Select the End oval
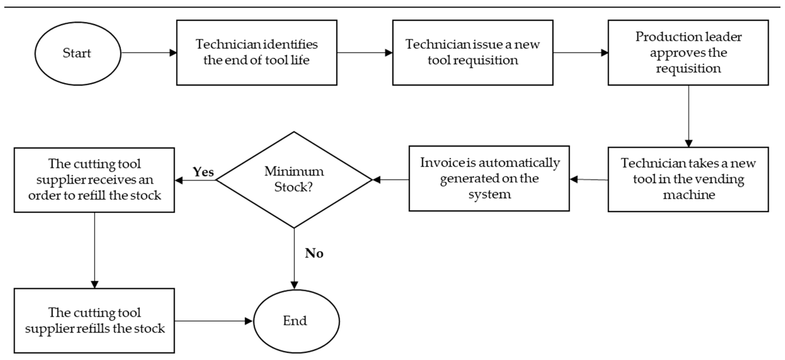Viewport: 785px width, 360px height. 296,321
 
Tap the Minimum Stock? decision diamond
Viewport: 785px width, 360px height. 294,180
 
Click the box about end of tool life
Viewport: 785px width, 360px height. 257,52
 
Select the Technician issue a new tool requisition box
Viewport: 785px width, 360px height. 473,52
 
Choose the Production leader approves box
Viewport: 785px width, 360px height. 688,52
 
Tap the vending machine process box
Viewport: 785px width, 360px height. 688,179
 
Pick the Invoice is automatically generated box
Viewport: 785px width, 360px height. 489,179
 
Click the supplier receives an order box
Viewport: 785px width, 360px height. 94,180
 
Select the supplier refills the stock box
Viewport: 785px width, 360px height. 94,320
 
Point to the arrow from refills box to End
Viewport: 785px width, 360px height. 213,321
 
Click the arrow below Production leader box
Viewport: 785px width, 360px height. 688,116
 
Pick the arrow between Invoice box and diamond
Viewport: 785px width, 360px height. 391,180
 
